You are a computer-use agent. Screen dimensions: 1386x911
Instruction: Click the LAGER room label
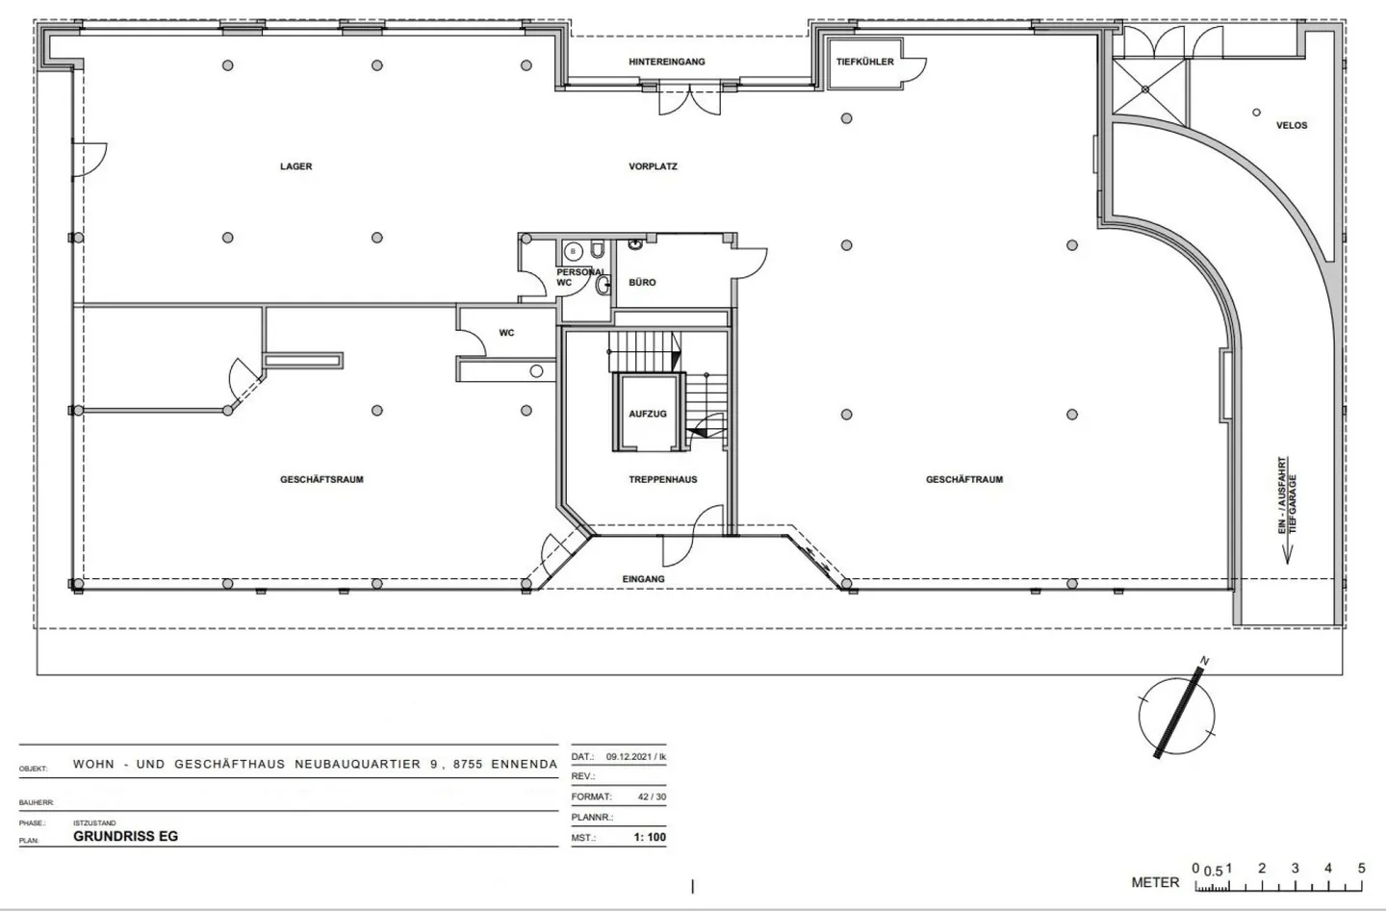(x=295, y=166)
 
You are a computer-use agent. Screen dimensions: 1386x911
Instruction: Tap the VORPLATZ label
(x=653, y=166)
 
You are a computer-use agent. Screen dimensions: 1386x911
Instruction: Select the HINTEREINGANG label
(x=667, y=62)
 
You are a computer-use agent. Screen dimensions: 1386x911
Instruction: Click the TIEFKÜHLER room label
(x=865, y=62)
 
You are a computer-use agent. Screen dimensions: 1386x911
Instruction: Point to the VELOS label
(x=1292, y=126)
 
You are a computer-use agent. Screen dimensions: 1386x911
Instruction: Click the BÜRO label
(x=642, y=283)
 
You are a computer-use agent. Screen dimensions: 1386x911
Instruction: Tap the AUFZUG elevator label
(x=648, y=414)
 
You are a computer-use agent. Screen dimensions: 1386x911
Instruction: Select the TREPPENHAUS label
(x=662, y=479)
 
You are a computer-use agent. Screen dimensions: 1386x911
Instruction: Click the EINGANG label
(x=644, y=579)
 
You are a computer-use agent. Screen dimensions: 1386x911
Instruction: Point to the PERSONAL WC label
(x=579, y=277)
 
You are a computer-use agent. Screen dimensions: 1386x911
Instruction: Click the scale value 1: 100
(x=650, y=837)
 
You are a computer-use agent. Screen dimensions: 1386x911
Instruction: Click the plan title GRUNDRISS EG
(x=125, y=836)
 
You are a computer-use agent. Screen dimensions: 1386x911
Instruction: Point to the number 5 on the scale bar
(x=1361, y=869)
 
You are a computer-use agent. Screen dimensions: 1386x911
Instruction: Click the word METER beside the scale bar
(x=1155, y=882)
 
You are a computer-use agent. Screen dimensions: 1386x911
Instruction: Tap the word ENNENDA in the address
(x=524, y=764)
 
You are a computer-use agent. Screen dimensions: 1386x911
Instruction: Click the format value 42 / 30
(x=653, y=797)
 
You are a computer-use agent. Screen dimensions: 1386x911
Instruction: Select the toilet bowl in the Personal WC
(x=597, y=250)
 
